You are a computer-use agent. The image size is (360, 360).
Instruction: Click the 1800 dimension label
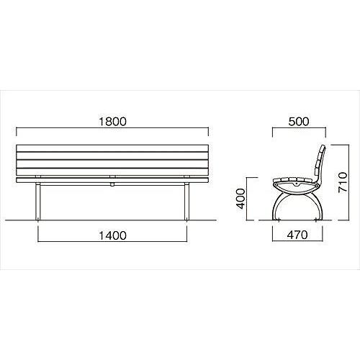click(x=112, y=122)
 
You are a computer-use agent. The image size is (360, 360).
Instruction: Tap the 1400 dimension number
click(x=112, y=235)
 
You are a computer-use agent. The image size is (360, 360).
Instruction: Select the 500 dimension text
click(x=299, y=122)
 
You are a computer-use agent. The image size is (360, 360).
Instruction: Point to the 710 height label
click(x=343, y=182)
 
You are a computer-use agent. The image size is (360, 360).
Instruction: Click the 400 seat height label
click(x=240, y=199)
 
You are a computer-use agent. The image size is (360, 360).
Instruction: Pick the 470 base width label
click(x=297, y=235)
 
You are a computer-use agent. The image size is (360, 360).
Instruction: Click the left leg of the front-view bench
click(x=38, y=202)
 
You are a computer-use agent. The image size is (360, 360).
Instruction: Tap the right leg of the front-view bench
click(x=186, y=202)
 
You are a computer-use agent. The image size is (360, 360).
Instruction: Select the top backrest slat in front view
click(x=112, y=148)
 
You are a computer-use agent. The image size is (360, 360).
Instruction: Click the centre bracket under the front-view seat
click(x=112, y=184)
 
